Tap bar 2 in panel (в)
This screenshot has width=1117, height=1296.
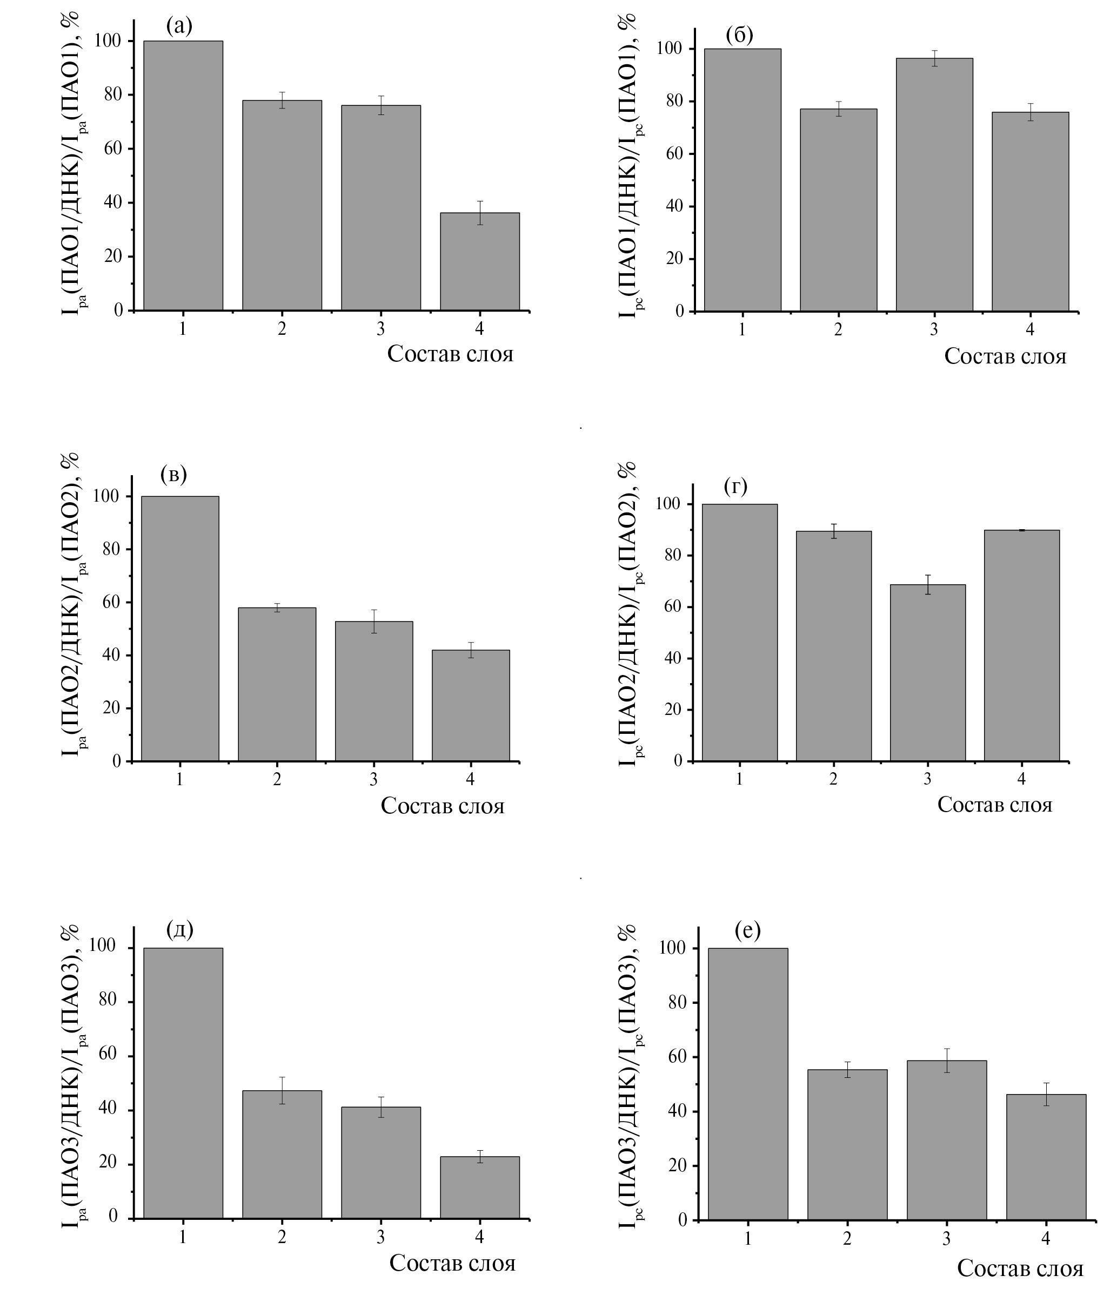coord(277,684)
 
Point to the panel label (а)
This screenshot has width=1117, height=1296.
coord(179,25)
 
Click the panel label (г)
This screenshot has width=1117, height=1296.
coord(735,485)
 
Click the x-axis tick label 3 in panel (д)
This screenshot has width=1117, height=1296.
coord(380,1237)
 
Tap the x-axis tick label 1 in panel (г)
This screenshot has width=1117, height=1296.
coord(739,779)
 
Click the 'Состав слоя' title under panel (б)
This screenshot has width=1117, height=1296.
coord(1005,356)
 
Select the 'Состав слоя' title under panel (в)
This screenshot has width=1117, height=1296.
coord(443,806)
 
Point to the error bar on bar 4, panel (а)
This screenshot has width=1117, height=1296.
coord(479,213)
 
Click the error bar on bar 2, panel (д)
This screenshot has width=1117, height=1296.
coord(282,1091)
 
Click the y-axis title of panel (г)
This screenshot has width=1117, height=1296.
coord(627,610)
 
